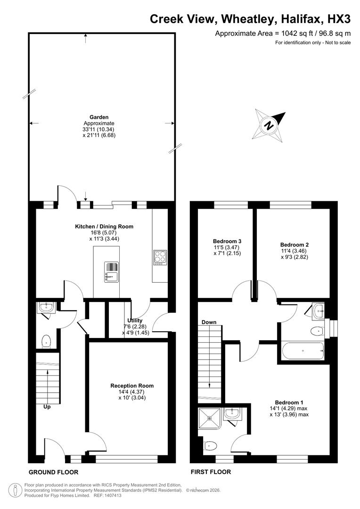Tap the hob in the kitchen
click(159, 257)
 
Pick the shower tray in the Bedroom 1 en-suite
click(208, 416)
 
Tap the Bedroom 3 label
click(227, 241)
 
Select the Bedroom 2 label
click(295, 245)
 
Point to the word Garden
click(99, 117)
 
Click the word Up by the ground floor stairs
click(47, 407)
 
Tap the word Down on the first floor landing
click(209, 322)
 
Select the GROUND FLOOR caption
click(53, 472)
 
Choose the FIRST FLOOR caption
click(211, 472)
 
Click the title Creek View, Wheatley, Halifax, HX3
click(250, 19)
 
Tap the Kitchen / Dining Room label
click(104, 226)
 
